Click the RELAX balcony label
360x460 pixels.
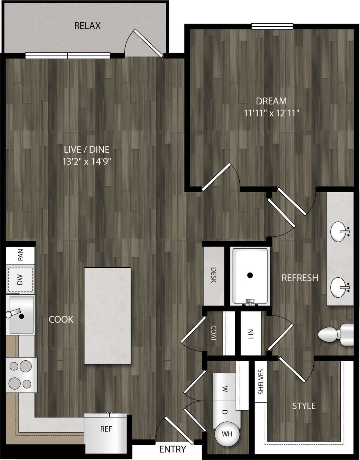tap(87, 26)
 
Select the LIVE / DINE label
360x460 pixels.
tap(87, 150)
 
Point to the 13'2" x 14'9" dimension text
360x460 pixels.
tap(87, 161)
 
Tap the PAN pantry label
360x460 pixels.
tap(20, 255)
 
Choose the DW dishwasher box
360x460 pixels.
tap(20, 280)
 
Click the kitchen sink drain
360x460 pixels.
tap(21, 316)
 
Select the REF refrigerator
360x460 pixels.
tap(106, 430)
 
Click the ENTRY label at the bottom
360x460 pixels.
tap(173, 450)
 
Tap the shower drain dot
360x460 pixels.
tap(250, 275)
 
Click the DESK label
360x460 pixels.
tap(214, 275)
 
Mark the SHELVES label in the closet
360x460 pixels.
tap(261, 382)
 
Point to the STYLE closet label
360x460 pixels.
tap(304, 406)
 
